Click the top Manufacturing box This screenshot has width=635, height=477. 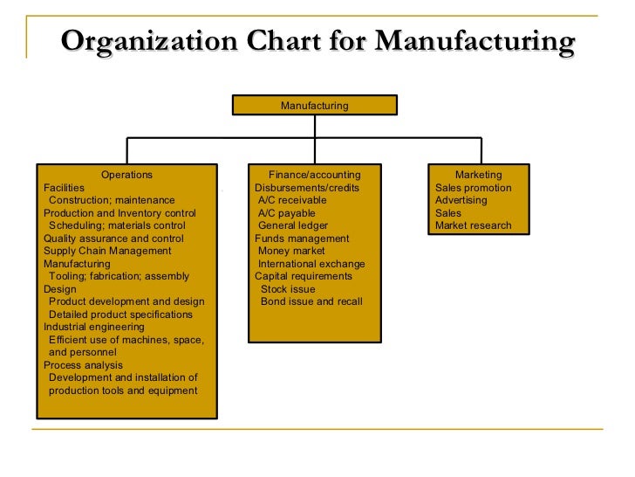314,106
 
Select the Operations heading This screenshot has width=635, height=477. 126,175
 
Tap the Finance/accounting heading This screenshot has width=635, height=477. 314,175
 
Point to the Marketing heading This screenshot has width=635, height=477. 478,175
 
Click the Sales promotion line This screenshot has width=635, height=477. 473,188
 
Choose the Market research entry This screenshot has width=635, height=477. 473,225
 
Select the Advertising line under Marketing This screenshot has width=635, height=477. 461,200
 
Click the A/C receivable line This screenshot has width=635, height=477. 292,200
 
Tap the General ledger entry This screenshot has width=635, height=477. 293,225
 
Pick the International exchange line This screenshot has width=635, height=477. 311,264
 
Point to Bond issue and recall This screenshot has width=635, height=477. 311,301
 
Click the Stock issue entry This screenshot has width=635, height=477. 288,289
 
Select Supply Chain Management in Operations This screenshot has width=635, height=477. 107,251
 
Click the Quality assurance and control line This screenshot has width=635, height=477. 113,238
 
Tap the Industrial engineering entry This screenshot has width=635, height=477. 94,327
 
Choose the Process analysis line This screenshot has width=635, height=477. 83,365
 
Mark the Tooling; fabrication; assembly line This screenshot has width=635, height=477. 119,276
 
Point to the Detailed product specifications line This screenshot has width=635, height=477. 120,315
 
